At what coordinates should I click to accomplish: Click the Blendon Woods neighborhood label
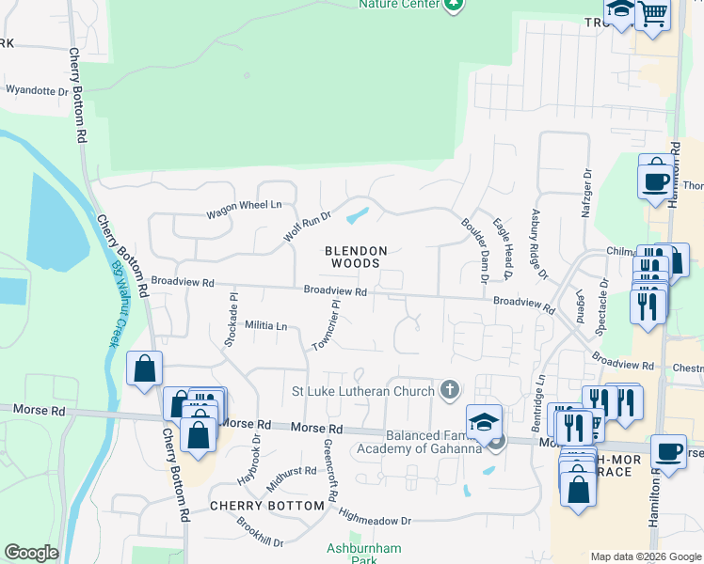(356, 257)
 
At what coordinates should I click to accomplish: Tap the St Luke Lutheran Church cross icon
(450, 390)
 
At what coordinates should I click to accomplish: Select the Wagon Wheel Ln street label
(244, 210)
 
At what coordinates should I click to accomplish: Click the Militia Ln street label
(265, 325)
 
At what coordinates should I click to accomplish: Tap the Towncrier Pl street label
(326, 325)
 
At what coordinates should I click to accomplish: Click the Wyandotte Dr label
(38, 91)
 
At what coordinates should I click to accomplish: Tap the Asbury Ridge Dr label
(539, 244)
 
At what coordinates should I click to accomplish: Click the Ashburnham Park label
(350, 554)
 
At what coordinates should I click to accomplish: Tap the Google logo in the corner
(31, 553)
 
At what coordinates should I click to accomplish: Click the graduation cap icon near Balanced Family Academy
(484, 421)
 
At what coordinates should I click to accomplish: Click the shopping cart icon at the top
(651, 13)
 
